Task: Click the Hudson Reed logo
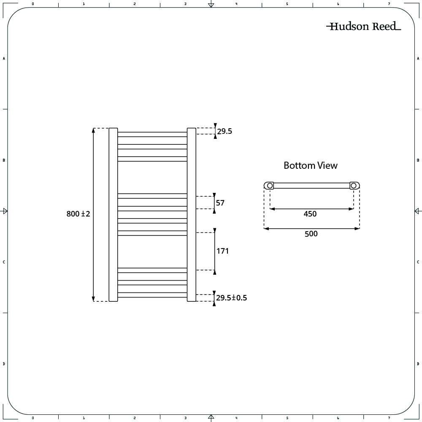click(x=364, y=26)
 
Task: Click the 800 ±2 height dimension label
click(x=78, y=214)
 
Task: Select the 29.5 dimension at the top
click(x=225, y=131)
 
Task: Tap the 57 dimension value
click(x=220, y=203)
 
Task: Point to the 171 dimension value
click(x=222, y=251)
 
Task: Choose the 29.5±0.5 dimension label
click(x=231, y=298)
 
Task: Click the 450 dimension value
click(x=310, y=214)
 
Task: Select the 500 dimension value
click(x=311, y=234)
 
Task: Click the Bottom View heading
click(x=311, y=165)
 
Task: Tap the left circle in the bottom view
click(x=270, y=185)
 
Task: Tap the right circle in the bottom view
click(x=354, y=185)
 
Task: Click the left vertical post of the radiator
click(x=113, y=214)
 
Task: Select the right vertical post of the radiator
click(x=191, y=214)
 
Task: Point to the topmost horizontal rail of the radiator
click(x=152, y=134)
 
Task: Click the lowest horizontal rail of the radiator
click(x=152, y=295)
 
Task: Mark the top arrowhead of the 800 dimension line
click(x=93, y=130)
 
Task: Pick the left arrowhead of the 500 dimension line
click(x=266, y=228)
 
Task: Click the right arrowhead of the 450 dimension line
click(x=351, y=208)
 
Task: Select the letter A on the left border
click(x=4, y=58)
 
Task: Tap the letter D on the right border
click(x=418, y=364)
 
